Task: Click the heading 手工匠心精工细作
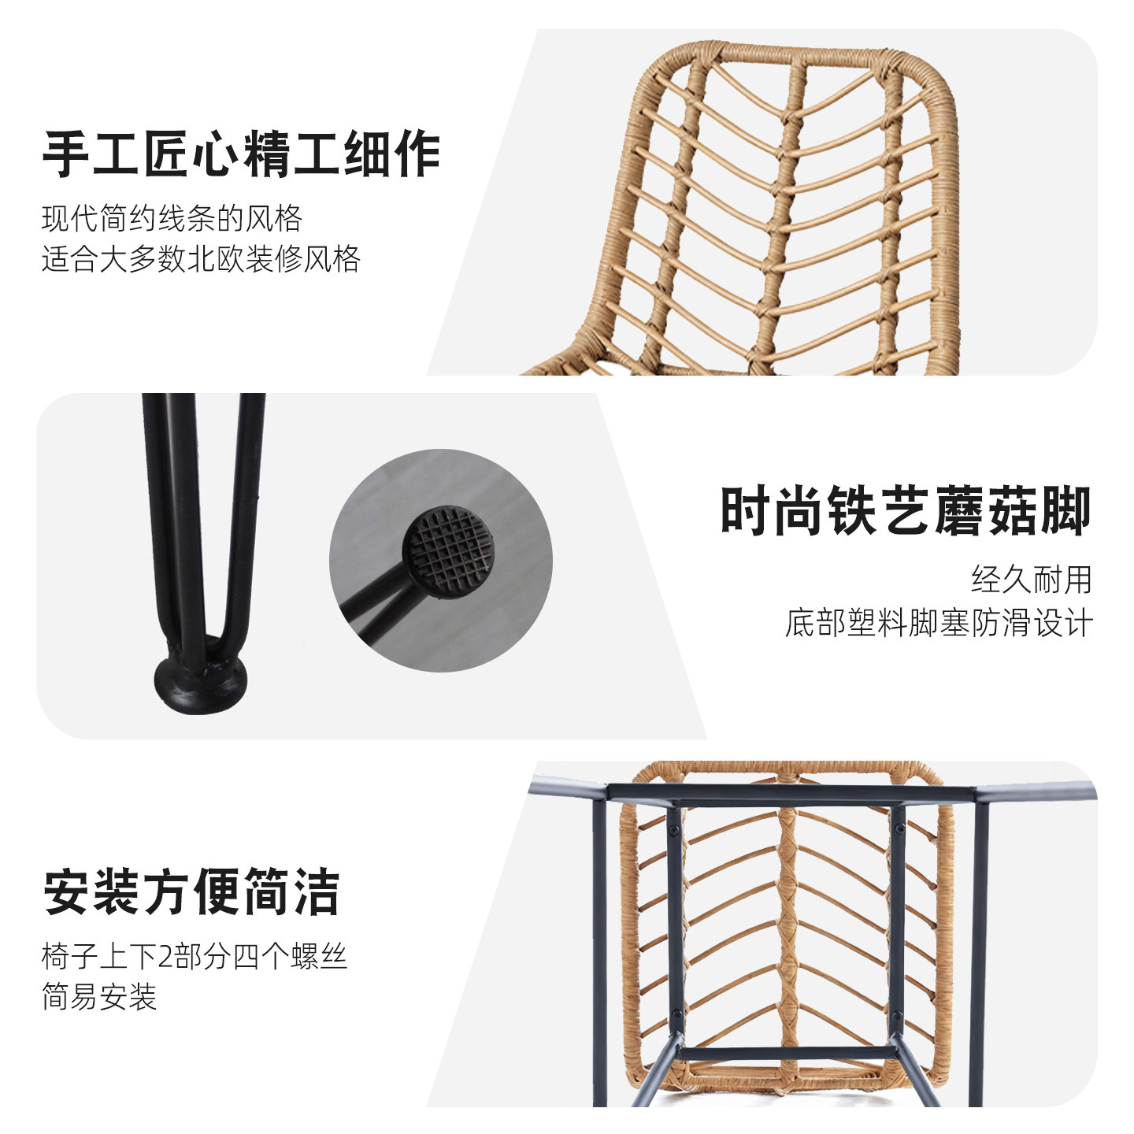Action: pos(240,154)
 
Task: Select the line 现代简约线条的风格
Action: pos(172,218)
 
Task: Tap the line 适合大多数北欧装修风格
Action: pos(201,259)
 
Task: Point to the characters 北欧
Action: pos(215,259)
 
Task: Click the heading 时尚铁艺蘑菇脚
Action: pos(906,512)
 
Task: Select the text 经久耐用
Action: pos(1032,580)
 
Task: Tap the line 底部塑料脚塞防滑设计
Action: pos(939,623)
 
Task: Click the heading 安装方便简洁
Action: pos(191,892)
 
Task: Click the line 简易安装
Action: pos(99,997)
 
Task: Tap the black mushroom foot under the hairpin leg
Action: pos(200,684)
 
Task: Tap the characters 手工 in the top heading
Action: pos(91,154)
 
